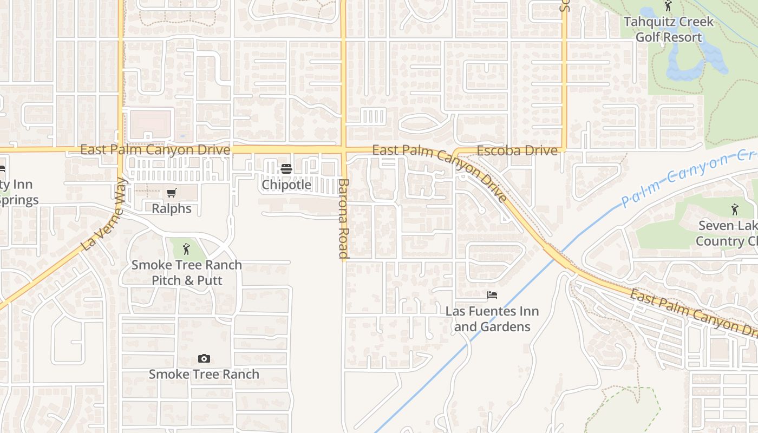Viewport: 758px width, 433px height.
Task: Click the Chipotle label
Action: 286,185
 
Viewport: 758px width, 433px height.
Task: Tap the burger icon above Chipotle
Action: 286,169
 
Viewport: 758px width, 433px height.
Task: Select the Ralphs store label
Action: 171,208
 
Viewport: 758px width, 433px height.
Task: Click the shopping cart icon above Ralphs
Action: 172,193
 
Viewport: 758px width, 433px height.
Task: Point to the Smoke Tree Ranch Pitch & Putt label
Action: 187,273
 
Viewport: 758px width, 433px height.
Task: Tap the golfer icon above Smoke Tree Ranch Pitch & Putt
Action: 187,249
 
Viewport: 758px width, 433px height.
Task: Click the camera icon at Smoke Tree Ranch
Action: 204,358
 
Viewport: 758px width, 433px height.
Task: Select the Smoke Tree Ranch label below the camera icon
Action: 204,374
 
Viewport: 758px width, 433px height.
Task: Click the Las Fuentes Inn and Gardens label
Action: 492,319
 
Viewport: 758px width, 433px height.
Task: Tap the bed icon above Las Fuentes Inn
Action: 492,295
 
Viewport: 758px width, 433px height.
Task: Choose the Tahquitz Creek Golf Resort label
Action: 668,30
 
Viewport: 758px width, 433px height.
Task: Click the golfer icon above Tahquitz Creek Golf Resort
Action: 668,6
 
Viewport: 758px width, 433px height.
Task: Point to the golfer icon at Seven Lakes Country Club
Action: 734,209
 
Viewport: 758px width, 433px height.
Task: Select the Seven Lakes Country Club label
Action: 726,233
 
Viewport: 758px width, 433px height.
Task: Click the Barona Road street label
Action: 344,218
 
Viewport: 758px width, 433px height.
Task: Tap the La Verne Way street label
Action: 103,215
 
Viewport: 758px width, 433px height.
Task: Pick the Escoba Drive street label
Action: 517,150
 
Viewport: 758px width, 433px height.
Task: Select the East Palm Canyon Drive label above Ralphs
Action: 155,149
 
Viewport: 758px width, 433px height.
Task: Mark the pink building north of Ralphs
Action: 151,124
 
